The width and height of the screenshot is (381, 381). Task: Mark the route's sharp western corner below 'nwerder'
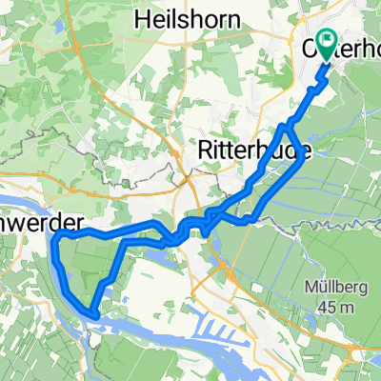point(55,234)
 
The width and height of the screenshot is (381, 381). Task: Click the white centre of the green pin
point(328,40)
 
